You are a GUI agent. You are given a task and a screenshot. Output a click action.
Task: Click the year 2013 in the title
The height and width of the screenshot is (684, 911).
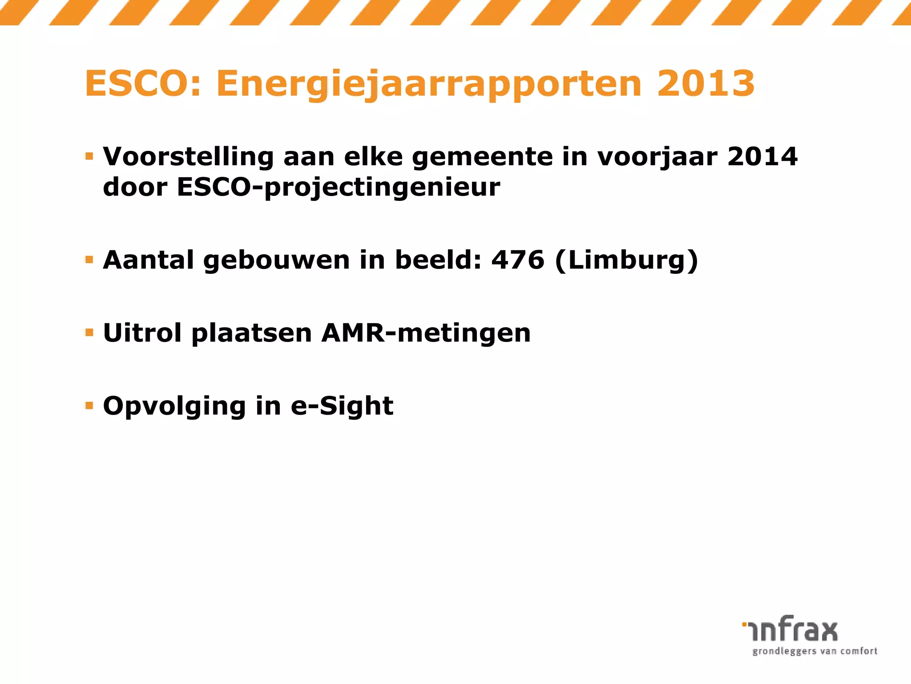tap(706, 84)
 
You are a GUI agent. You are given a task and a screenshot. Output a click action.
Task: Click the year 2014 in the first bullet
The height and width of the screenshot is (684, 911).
tap(762, 157)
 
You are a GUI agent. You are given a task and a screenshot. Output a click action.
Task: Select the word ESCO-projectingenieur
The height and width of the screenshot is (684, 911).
tap(338, 187)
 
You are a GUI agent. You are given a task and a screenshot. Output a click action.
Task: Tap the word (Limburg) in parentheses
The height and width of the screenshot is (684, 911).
tap(627, 261)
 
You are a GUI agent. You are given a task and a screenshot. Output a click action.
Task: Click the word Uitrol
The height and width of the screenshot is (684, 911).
tap(142, 333)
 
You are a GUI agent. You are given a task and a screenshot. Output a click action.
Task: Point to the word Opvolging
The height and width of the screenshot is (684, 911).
tap(174, 407)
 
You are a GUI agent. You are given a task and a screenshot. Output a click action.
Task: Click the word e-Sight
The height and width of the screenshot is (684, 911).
tap(342, 407)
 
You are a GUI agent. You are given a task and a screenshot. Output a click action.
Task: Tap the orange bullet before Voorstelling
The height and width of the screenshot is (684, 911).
tap(89, 156)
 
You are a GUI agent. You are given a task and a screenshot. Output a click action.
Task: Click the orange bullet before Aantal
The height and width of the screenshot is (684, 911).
tap(89, 260)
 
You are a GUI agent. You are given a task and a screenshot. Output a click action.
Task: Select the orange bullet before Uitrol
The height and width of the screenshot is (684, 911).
tap(89, 333)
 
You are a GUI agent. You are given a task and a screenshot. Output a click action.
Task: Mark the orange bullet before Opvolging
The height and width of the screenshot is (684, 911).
tap(89, 406)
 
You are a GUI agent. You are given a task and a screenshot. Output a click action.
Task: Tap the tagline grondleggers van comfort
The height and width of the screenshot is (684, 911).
tap(814, 651)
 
